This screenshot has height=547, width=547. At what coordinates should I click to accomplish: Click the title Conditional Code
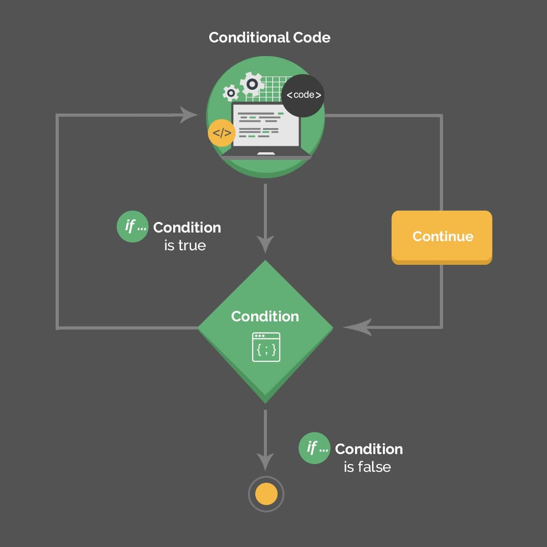click(269, 37)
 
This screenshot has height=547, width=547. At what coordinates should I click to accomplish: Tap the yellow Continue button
click(442, 236)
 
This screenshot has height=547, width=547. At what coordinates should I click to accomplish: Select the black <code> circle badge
click(304, 95)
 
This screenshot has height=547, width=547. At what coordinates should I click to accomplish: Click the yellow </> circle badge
click(222, 133)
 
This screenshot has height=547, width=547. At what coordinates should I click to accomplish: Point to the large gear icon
click(252, 84)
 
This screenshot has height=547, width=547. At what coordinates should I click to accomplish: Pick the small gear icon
click(231, 93)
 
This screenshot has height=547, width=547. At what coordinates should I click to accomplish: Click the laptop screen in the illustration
click(266, 125)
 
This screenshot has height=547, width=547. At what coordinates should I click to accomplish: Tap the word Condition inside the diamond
click(265, 316)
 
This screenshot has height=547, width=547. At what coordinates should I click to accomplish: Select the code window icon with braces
click(266, 347)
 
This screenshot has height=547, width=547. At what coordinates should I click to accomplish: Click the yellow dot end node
click(266, 494)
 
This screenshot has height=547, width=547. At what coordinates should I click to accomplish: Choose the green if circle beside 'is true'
click(133, 226)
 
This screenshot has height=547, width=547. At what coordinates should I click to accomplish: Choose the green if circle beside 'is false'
click(315, 448)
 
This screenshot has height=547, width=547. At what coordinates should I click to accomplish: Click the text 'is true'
click(185, 246)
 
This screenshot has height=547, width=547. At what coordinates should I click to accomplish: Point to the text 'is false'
click(367, 467)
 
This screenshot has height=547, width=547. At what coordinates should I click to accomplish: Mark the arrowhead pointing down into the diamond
click(265, 244)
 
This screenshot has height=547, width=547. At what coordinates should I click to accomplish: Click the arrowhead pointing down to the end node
click(265, 461)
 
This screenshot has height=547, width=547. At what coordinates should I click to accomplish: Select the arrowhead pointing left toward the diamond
click(358, 327)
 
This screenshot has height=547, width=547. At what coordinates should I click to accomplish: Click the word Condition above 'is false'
click(369, 449)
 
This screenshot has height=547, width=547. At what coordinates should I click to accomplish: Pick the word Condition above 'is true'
click(187, 227)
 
